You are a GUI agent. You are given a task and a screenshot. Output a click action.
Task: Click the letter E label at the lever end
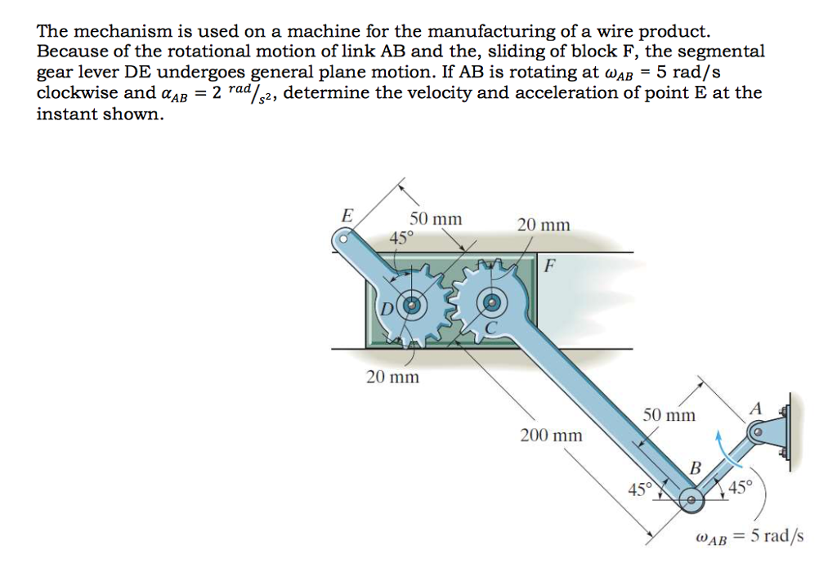coord(347,217)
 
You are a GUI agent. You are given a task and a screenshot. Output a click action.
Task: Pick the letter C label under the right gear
coord(491,328)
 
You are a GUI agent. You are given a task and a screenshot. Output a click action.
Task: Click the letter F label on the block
coord(549,266)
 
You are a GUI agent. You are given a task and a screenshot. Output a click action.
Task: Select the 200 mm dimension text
coord(552,436)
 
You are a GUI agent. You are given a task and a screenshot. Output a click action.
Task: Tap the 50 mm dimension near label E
coord(436,219)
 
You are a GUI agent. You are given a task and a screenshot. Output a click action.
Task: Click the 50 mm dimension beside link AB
coord(669,415)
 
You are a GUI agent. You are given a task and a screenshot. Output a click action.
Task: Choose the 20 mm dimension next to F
coord(544,225)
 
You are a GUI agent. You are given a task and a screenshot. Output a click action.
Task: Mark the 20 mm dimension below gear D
coord(392,377)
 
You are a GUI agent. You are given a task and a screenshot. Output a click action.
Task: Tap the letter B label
coord(696,468)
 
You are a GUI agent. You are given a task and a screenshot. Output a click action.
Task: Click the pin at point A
coord(758,431)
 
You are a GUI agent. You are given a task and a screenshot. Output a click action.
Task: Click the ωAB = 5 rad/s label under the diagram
coord(749,537)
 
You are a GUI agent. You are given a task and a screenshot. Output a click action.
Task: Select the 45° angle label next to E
coord(401,238)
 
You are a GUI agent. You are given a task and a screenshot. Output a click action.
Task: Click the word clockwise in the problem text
coord(75,92)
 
